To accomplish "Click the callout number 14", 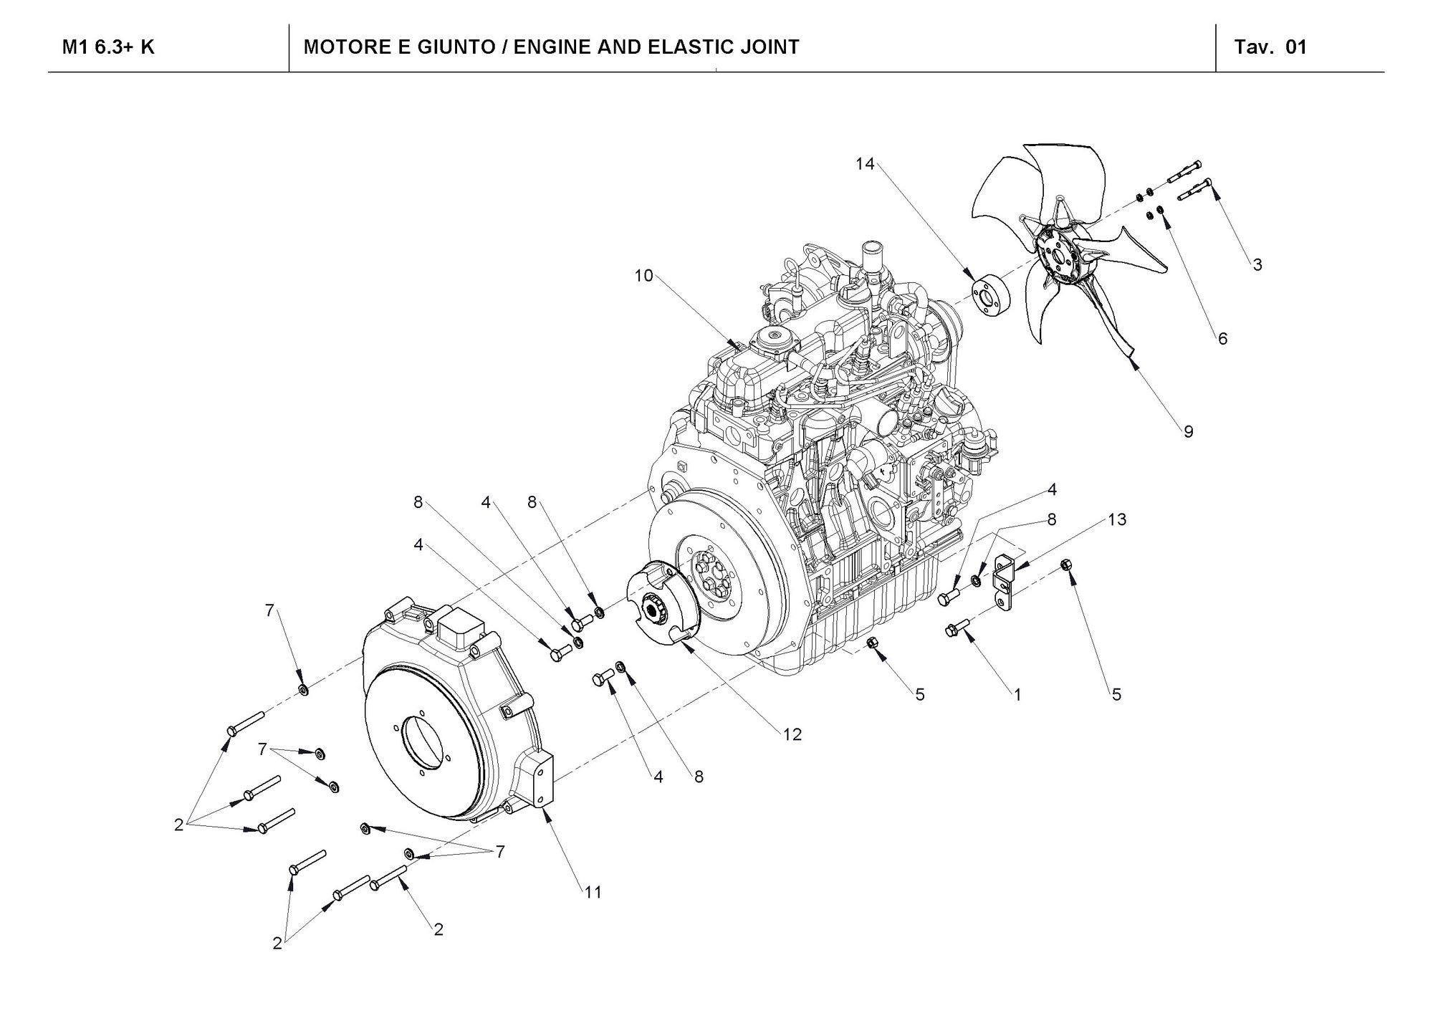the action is (865, 164).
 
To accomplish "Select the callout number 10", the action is (643, 276).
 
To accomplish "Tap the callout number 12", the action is (792, 734).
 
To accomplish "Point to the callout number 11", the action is (593, 892).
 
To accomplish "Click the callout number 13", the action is (1116, 519).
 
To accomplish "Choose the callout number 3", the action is (1257, 264).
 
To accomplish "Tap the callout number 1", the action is (1017, 693).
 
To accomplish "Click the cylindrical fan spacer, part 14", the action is (989, 295).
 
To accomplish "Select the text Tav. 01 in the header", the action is (1271, 47).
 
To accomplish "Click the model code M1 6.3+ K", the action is (108, 47).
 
